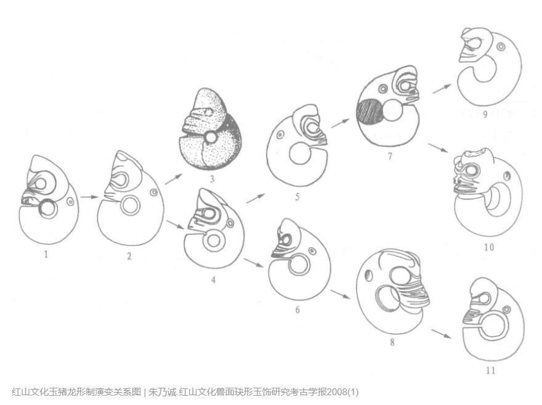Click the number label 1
coord(46,255)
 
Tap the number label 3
coord(212,179)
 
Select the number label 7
coord(390,157)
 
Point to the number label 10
coord(489,247)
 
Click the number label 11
coord(490,370)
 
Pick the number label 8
coord(392,342)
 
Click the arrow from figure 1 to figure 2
coord(89,197)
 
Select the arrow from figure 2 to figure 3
coord(174,179)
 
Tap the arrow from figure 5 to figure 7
coord(341,123)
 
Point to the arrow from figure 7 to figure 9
coord(442,89)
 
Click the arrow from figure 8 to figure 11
coord(442,333)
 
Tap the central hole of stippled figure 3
coord(210,137)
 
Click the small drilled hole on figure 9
coord(500,46)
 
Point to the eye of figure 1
coord(41,184)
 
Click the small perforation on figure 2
coord(154,192)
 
